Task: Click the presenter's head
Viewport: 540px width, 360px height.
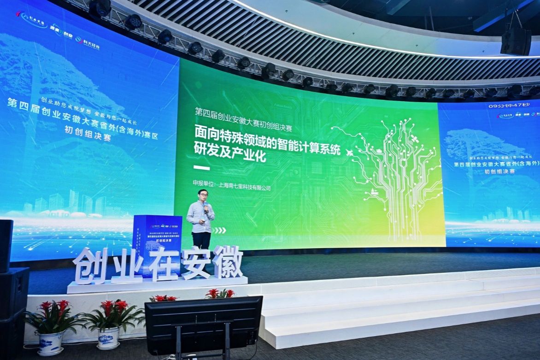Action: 203,195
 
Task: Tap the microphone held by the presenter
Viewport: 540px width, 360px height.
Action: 205,208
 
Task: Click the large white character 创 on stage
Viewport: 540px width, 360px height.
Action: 90,266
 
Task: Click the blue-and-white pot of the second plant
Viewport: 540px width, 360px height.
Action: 109,337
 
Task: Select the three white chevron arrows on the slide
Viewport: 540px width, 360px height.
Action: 220,230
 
